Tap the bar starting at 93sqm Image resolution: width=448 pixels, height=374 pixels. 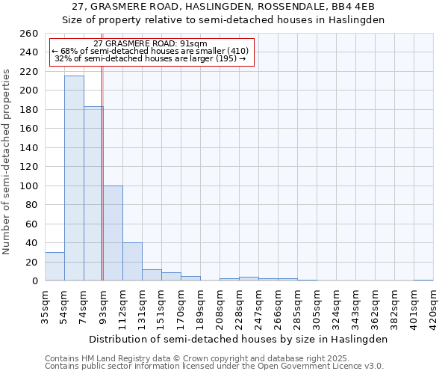[113, 233]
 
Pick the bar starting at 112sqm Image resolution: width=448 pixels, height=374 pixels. [132, 261]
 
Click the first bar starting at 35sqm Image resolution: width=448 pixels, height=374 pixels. [55, 266]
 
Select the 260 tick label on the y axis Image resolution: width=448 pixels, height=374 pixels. [28, 34]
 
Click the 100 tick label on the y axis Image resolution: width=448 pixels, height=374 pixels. [28, 186]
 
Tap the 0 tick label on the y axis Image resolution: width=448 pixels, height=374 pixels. [34, 281]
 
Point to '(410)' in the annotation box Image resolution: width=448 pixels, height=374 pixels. [243, 51]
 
